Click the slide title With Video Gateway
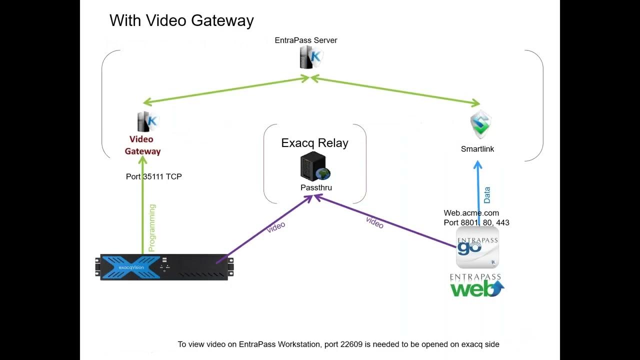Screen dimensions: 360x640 [x=181, y=20]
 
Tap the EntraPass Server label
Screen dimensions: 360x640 [x=306, y=40]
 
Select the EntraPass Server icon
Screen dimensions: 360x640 [x=310, y=57]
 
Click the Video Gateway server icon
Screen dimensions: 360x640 [x=147, y=121]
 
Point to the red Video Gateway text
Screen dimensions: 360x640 [x=142, y=145]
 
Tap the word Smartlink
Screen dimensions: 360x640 [x=477, y=149]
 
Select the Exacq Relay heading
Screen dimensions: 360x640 [x=314, y=143]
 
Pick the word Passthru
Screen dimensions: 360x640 [x=316, y=187]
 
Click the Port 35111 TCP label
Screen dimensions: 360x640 [x=153, y=176]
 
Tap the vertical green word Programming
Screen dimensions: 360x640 [x=152, y=227]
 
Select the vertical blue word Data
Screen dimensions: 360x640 [x=487, y=194]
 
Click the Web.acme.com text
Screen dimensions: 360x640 [x=471, y=213]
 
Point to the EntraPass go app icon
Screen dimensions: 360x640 [x=477, y=247]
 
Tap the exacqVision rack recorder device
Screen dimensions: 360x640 [x=164, y=267]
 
